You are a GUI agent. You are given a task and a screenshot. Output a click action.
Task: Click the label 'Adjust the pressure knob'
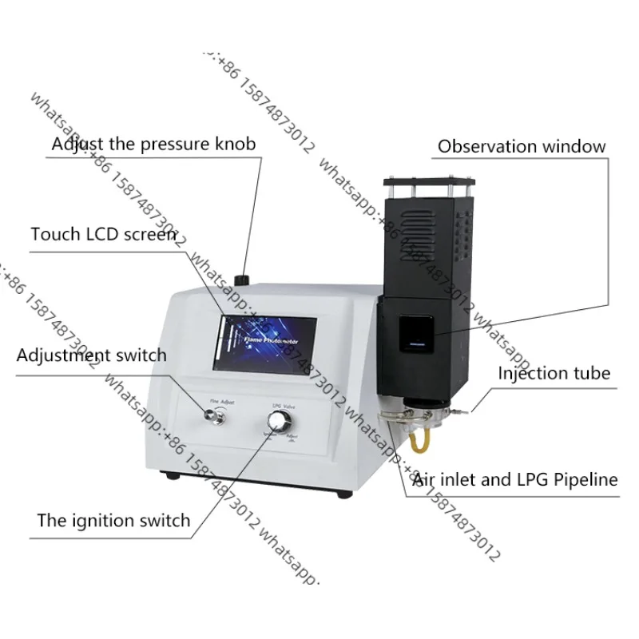(153, 144)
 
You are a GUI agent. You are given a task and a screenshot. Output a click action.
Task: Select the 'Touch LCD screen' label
(103, 234)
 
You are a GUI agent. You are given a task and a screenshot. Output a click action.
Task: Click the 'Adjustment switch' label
(91, 355)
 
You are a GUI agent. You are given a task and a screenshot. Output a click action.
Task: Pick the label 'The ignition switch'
(113, 521)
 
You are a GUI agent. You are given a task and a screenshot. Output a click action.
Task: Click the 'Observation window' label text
(522, 146)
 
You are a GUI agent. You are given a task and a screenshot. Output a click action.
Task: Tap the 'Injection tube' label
(554, 373)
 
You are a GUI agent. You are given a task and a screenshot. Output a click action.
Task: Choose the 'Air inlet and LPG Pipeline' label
(514, 479)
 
